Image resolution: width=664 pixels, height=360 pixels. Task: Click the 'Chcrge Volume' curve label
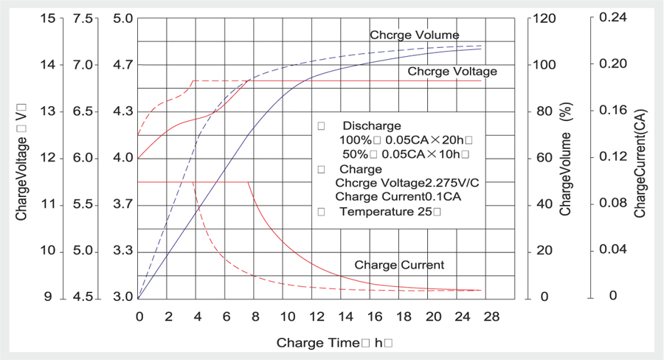coord(414,35)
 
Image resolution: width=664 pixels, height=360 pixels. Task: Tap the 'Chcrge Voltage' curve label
coord(452,72)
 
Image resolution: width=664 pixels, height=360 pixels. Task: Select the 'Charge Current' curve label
coord(399,265)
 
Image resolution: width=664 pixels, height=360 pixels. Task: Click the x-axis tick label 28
coord(491,316)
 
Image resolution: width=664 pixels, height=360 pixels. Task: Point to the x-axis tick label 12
coord(315,316)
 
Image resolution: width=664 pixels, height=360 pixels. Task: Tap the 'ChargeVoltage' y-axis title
coord(22,170)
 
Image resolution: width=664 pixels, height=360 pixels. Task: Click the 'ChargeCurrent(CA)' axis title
coord(640,165)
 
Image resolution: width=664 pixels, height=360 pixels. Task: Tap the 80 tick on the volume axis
coord(545,111)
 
